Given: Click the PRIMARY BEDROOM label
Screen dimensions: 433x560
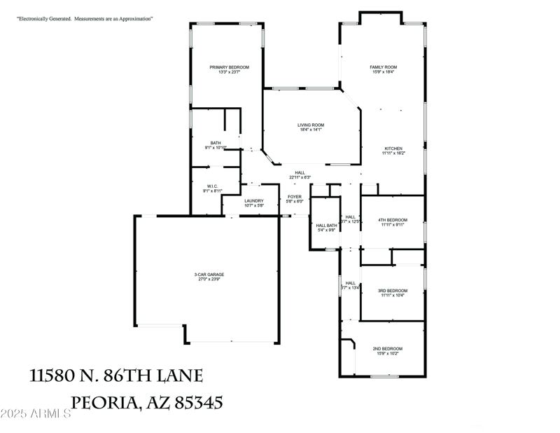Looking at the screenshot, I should [229, 67].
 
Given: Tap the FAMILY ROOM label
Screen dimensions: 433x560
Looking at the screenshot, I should [384, 67].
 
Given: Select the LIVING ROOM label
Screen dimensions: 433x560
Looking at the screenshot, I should [311, 125].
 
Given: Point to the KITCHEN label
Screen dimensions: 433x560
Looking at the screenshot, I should [393, 148].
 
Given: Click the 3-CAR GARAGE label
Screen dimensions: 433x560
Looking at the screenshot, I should [209, 274].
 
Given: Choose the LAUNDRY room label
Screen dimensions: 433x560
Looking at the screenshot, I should [254, 201].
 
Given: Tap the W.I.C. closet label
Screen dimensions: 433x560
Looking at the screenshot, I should [213, 186].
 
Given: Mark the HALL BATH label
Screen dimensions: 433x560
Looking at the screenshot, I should [327, 225].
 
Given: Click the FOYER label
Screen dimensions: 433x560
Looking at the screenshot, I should [294, 196].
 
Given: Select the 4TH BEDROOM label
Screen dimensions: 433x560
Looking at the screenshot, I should [393, 220].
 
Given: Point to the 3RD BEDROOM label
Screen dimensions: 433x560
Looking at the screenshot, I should [393, 291].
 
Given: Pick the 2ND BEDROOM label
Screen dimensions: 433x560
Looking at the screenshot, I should [387, 348].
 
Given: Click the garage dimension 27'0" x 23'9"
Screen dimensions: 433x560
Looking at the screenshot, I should [209, 279].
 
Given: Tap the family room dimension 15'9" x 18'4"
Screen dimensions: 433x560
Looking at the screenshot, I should [384, 72].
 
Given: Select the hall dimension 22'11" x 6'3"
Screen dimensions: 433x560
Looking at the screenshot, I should [300, 177].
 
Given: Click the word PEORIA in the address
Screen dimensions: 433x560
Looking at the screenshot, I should [104, 403].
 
